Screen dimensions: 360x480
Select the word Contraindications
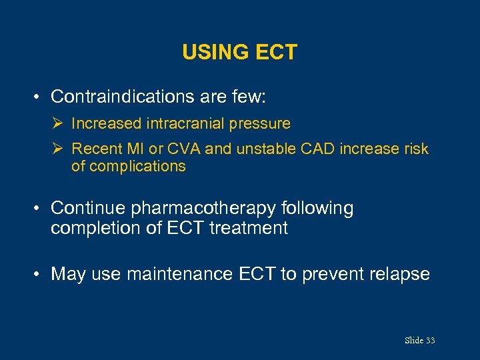point(123,97)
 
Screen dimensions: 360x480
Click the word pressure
point(259,123)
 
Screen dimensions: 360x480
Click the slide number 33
point(430,341)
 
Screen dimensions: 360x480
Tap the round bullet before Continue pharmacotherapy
point(39,209)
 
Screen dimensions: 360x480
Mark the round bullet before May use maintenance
point(39,274)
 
